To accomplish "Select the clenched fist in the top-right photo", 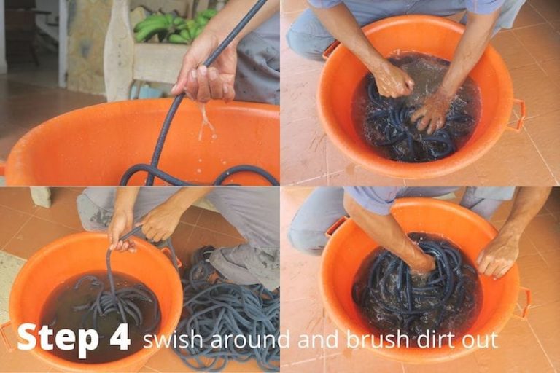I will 392,80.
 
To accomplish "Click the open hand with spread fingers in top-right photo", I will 432,113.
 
